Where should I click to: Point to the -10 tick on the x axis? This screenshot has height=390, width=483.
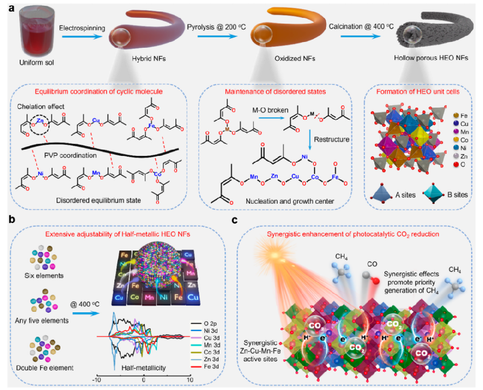pos(98,380)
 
